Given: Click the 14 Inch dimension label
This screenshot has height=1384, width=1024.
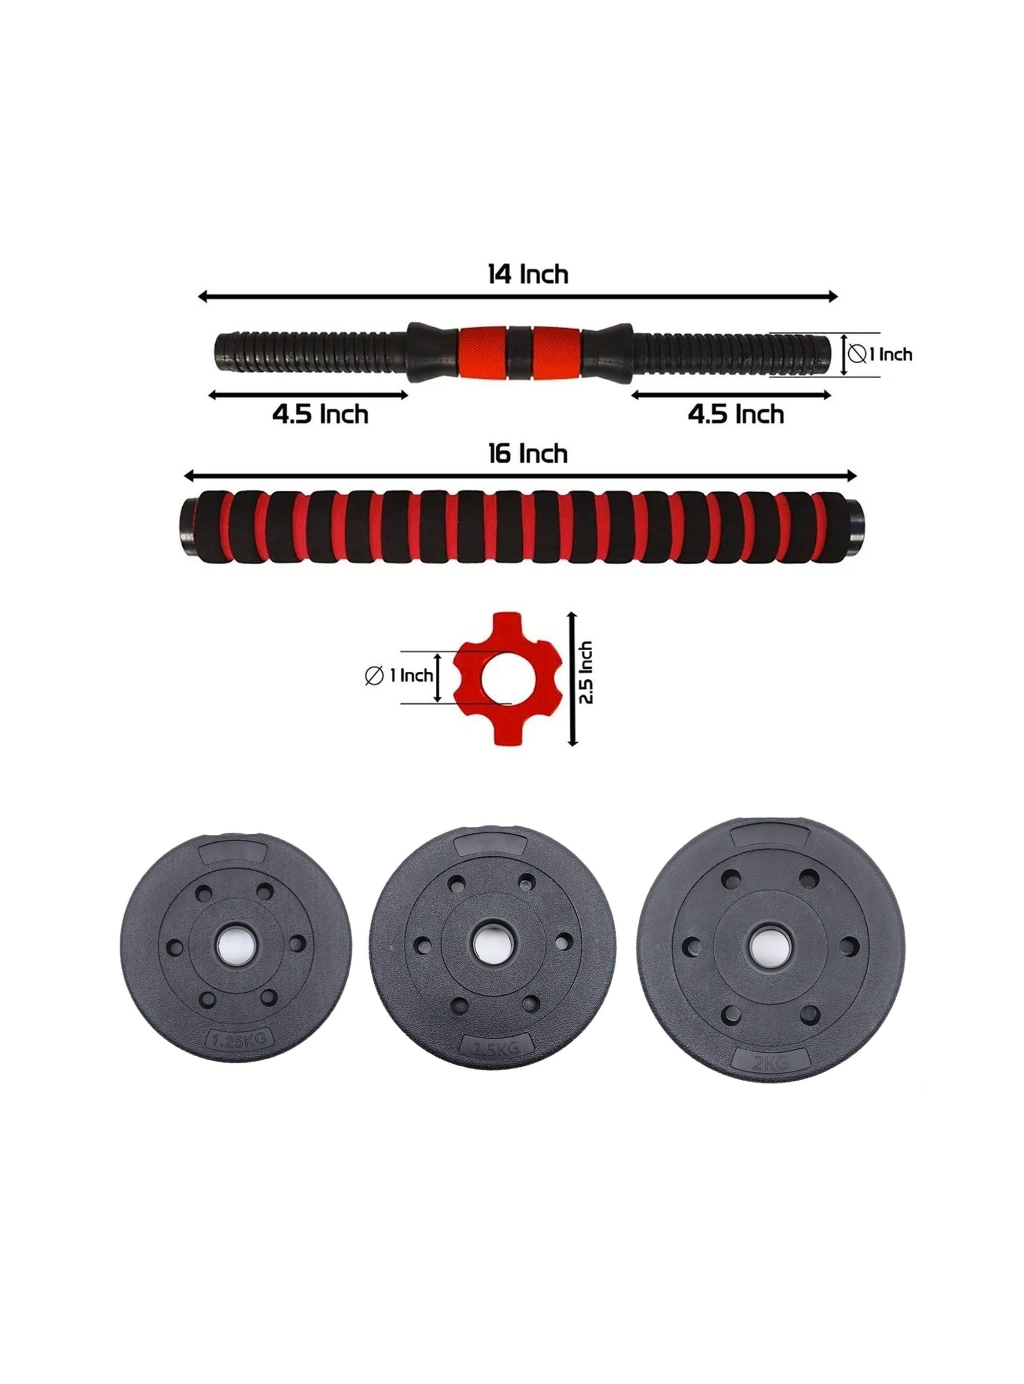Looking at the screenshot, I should tap(528, 274).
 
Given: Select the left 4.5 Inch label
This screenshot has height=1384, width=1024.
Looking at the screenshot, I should tap(320, 414).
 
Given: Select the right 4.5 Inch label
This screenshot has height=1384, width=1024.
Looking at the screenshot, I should tap(736, 414).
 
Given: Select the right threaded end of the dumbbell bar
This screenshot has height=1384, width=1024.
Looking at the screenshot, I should tap(731, 355).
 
